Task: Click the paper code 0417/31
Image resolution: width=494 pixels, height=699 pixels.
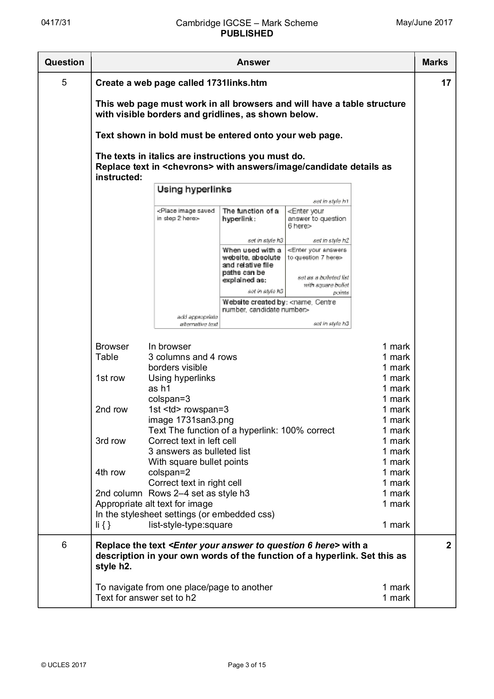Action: click(56, 23)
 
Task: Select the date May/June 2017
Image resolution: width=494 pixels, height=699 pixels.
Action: click(424, 23)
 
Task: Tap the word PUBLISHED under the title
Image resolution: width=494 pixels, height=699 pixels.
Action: click(247, 34)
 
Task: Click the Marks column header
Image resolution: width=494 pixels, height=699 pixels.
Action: click(435, 62)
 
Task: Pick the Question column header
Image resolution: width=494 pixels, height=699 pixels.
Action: click(64, 62)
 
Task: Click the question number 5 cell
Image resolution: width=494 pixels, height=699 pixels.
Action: click(64, 82)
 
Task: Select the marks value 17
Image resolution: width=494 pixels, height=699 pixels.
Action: click(446, 83)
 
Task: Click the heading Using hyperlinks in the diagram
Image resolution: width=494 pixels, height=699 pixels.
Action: click(194, 190)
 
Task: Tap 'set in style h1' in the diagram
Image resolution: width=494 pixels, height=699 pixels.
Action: click(330, 201)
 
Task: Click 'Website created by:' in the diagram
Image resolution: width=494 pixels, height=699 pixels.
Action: click(254, 302)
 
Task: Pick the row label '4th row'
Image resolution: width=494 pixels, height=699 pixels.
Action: click(110, 472)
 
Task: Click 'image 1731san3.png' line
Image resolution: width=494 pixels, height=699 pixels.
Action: click(191, 420)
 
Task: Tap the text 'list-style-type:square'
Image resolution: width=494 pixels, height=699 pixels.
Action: click(190, 525)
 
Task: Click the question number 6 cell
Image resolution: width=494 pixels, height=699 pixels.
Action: click(64, 545)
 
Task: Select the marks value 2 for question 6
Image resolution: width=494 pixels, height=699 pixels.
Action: click(448, 545)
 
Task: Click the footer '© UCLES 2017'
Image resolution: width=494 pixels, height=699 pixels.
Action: click(64, 665)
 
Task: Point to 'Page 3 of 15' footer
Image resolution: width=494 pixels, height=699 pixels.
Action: click(247, 665)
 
